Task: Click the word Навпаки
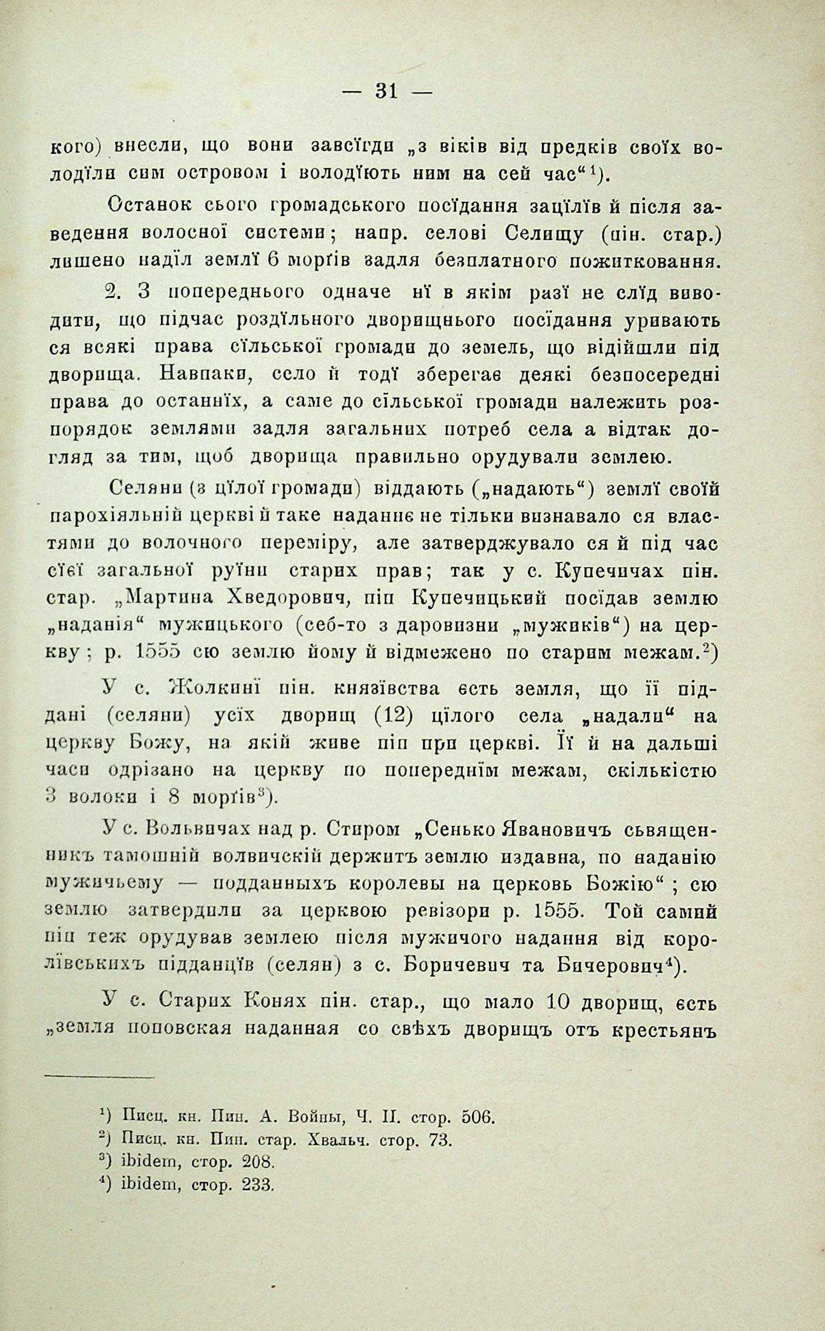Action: coord(202,375)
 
